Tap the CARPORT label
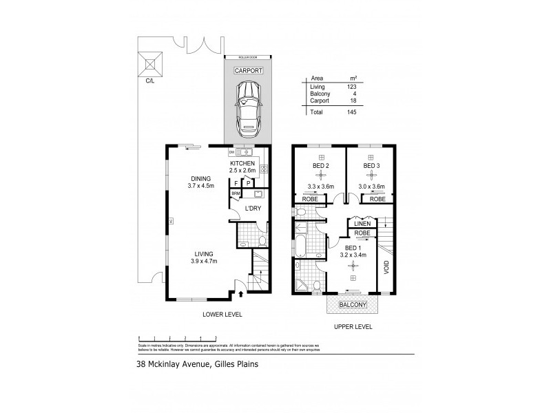click(x=247, y=70)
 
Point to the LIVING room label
click(x=202, y=253)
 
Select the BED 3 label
click(x=372, y=166)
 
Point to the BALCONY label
click(x=353, y=304)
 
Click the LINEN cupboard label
click(x=363, y=224)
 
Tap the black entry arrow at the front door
click(x=241, y=294)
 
